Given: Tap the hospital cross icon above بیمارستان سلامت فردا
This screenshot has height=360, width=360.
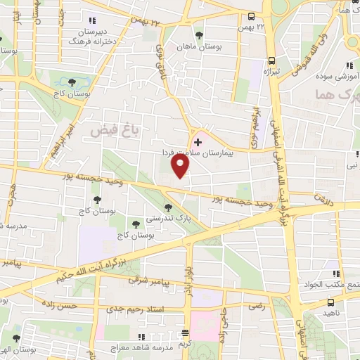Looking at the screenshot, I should (x=197, y=142).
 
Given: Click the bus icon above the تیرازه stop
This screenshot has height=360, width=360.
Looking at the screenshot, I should (x=271, y=60).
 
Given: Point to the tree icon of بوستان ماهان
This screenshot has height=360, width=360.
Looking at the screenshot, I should (x=198, y=34).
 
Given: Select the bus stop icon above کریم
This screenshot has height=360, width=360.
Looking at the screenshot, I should (x=185, y=333).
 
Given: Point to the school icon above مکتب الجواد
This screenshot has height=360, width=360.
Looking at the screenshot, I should (x=335, y=274).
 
